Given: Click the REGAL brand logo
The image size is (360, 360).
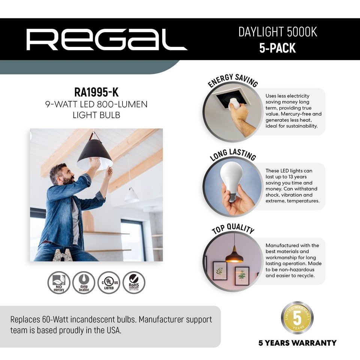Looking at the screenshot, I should [x=106, y=39].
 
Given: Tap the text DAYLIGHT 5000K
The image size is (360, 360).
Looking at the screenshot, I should [x=277, y=32].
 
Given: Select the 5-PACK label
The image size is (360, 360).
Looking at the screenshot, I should [x=277, y=48].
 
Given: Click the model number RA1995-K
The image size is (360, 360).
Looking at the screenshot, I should [x=96, y=92].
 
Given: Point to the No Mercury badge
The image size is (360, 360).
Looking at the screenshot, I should [x=58, y=282].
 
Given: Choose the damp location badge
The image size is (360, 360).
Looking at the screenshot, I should [x=84, y=282].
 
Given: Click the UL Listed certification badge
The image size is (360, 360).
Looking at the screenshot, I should [x=108, y=282].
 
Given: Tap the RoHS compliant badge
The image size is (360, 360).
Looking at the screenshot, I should [x=133, y=282].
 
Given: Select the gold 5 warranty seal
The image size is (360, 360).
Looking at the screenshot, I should [x=297, y=318].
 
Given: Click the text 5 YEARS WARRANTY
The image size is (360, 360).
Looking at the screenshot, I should [x=297, y=343].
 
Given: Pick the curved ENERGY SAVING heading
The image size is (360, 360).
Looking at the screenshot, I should [x=233, y=80].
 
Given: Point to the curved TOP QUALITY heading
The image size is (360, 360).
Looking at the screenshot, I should [x=233, y=229].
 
